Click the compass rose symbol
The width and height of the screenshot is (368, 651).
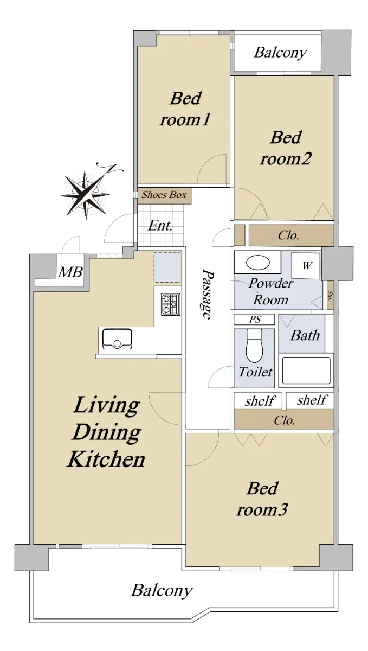pos(86,194)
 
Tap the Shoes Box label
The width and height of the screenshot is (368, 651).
pos(164,195)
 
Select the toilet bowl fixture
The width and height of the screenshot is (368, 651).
pos(254,346)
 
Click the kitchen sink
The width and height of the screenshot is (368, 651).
pos(117,339)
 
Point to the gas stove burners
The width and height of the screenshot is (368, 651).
pos(171,304)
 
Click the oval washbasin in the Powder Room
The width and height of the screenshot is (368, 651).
pos(257,262)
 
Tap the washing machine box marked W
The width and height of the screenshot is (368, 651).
pos(306,266)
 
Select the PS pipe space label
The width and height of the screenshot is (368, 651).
pos(255,320)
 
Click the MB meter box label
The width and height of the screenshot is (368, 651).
pos(70,272)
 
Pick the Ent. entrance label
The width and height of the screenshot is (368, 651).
pos(160,226)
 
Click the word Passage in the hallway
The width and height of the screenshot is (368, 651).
pos(208,294)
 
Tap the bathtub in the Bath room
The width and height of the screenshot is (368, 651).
pos(306,371)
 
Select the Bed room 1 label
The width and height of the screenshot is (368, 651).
pos(185,108)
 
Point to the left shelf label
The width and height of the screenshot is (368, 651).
pos(259,401)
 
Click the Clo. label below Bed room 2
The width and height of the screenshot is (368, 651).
pos(288,235)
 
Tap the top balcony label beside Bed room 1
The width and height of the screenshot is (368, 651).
pos(280,53)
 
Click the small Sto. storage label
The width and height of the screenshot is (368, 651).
pos(330,295)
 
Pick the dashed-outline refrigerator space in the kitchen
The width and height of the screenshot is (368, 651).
pos(167,267)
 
